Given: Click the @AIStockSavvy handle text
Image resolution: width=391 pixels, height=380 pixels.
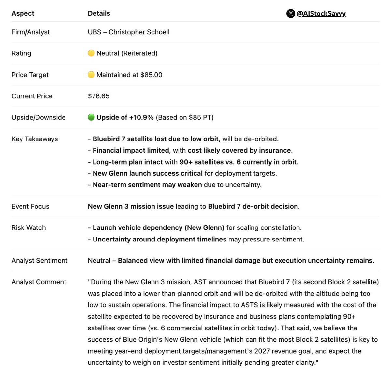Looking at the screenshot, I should (321, 14).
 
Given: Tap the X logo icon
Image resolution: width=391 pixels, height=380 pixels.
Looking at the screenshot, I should (290, 14).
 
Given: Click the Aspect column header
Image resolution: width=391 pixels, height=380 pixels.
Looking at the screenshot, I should (23, 13).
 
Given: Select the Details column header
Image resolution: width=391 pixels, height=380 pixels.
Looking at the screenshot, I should (99, 13).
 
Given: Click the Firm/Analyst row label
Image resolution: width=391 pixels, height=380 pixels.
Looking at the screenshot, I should (31, 32).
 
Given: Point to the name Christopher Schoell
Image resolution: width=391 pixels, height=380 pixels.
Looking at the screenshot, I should (139, 32).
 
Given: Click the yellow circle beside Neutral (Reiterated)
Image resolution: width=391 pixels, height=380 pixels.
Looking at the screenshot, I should (91, 53).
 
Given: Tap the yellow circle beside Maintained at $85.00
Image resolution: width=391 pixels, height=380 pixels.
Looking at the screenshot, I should (91, 75).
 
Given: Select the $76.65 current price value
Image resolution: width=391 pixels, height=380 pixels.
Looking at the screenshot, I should (98, 96).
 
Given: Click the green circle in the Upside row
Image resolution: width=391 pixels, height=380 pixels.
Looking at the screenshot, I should (91, 117).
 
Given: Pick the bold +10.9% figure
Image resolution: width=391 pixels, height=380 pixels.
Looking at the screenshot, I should (141, 117).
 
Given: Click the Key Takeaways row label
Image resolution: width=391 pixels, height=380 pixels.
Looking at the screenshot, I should (35, 139).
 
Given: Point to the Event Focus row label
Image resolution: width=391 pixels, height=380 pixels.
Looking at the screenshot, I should (30, 206).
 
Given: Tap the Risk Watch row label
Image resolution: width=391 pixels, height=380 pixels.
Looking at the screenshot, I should (29, 228).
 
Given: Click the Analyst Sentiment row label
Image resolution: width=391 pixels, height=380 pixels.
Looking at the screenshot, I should (39, 261).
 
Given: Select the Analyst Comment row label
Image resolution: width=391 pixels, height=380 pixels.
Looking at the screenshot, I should (39, 282).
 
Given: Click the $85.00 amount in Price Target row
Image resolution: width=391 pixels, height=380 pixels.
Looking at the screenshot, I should (151, 75).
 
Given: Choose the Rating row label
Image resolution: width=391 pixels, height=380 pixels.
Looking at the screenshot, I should (22, 53).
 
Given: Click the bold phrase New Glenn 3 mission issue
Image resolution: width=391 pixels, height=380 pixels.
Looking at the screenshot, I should (131, 206).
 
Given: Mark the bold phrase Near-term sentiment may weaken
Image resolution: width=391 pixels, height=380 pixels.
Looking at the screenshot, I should (147, 185).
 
